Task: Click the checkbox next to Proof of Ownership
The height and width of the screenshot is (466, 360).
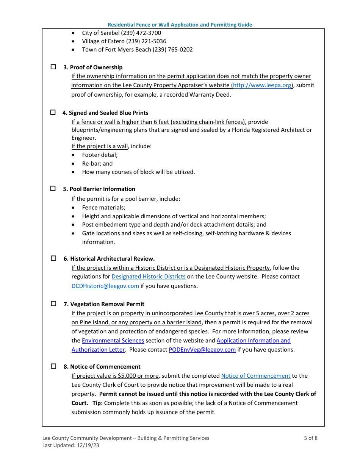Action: click(53, 67)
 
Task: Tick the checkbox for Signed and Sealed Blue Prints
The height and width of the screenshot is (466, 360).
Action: click(53, 113)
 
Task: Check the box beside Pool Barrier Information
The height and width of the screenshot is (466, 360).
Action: click(53, 188)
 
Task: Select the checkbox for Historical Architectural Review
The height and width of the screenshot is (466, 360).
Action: click(53, 258)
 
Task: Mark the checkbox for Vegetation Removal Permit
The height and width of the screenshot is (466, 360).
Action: click(53, 304)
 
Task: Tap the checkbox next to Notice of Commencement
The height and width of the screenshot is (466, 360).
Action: click(53, 366)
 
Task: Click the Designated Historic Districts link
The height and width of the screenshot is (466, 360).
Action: click(149, 277)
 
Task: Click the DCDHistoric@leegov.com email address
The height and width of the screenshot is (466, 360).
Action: click(105, 286)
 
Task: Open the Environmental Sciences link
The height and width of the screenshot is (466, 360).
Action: click(113, 341)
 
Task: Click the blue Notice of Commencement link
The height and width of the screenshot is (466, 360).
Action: click(256, 376)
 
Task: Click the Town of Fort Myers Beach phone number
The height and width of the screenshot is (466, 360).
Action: click(173, 50)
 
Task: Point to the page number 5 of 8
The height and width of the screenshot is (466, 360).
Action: click(311, 438)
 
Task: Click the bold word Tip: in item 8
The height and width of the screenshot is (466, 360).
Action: click(97, 403)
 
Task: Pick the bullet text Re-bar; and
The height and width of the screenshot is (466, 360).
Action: click(97, 164)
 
